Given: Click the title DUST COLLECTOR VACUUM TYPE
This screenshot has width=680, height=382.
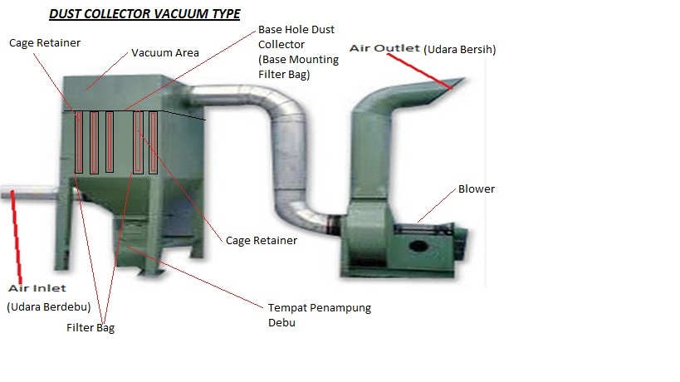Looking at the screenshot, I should coord(144,14).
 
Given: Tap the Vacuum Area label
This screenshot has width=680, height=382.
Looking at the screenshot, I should coord(165,53).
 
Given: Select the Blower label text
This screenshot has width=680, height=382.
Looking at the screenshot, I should coord(476,189).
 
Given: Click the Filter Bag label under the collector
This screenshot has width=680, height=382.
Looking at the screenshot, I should coord(91,327).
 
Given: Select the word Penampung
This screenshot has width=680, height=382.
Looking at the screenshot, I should coord(335,308).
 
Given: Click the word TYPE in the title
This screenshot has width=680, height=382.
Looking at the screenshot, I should coord(224,14).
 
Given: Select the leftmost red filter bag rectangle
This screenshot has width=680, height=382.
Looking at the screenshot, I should coord(78,141).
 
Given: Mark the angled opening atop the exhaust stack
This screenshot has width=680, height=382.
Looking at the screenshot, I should coord(452,83).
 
